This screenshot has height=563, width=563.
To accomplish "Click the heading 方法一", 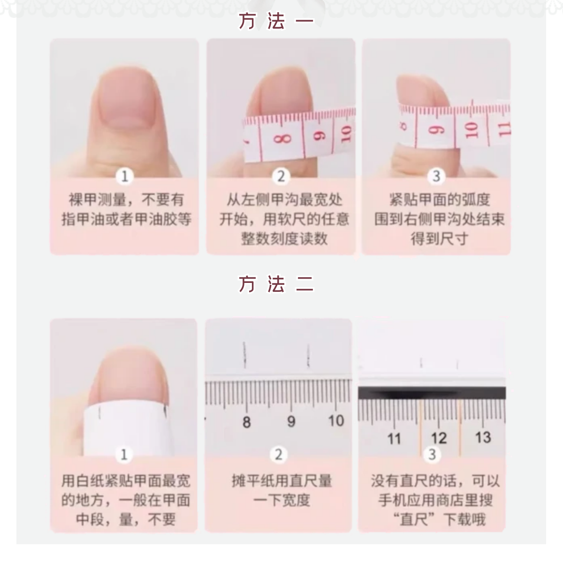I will click(x=276, y=22).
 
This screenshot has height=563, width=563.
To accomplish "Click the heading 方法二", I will click(x=276, y=284).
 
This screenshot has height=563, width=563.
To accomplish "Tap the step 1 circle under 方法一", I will click(x=124, y=176).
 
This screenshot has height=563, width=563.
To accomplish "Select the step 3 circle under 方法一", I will click(x=436, y=176).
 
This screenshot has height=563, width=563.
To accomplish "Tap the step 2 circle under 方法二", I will click(x=279, y=454).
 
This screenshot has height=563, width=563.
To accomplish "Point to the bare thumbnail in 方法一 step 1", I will click(x=126, y=99).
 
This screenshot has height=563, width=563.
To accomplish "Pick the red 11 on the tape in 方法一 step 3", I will click(x=503, y=128).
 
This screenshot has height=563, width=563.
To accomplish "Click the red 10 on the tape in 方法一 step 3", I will click(x=472, y=129).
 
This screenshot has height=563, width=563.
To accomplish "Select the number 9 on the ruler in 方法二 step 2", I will click(x=291, y=421).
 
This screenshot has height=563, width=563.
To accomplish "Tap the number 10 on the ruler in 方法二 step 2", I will click(x=335, y=420).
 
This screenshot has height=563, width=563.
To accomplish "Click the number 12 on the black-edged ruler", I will click(x=439, y=438).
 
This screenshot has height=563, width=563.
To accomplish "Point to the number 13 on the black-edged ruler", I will click(x=483, y=437).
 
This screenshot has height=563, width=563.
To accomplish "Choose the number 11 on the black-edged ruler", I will click(x=394, y=439).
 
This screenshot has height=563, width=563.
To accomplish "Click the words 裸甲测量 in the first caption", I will click(x=98, y=200).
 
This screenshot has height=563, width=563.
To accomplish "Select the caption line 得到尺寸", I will click(x=439, y=239).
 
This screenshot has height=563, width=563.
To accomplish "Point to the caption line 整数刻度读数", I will click(x=284, y=239).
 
